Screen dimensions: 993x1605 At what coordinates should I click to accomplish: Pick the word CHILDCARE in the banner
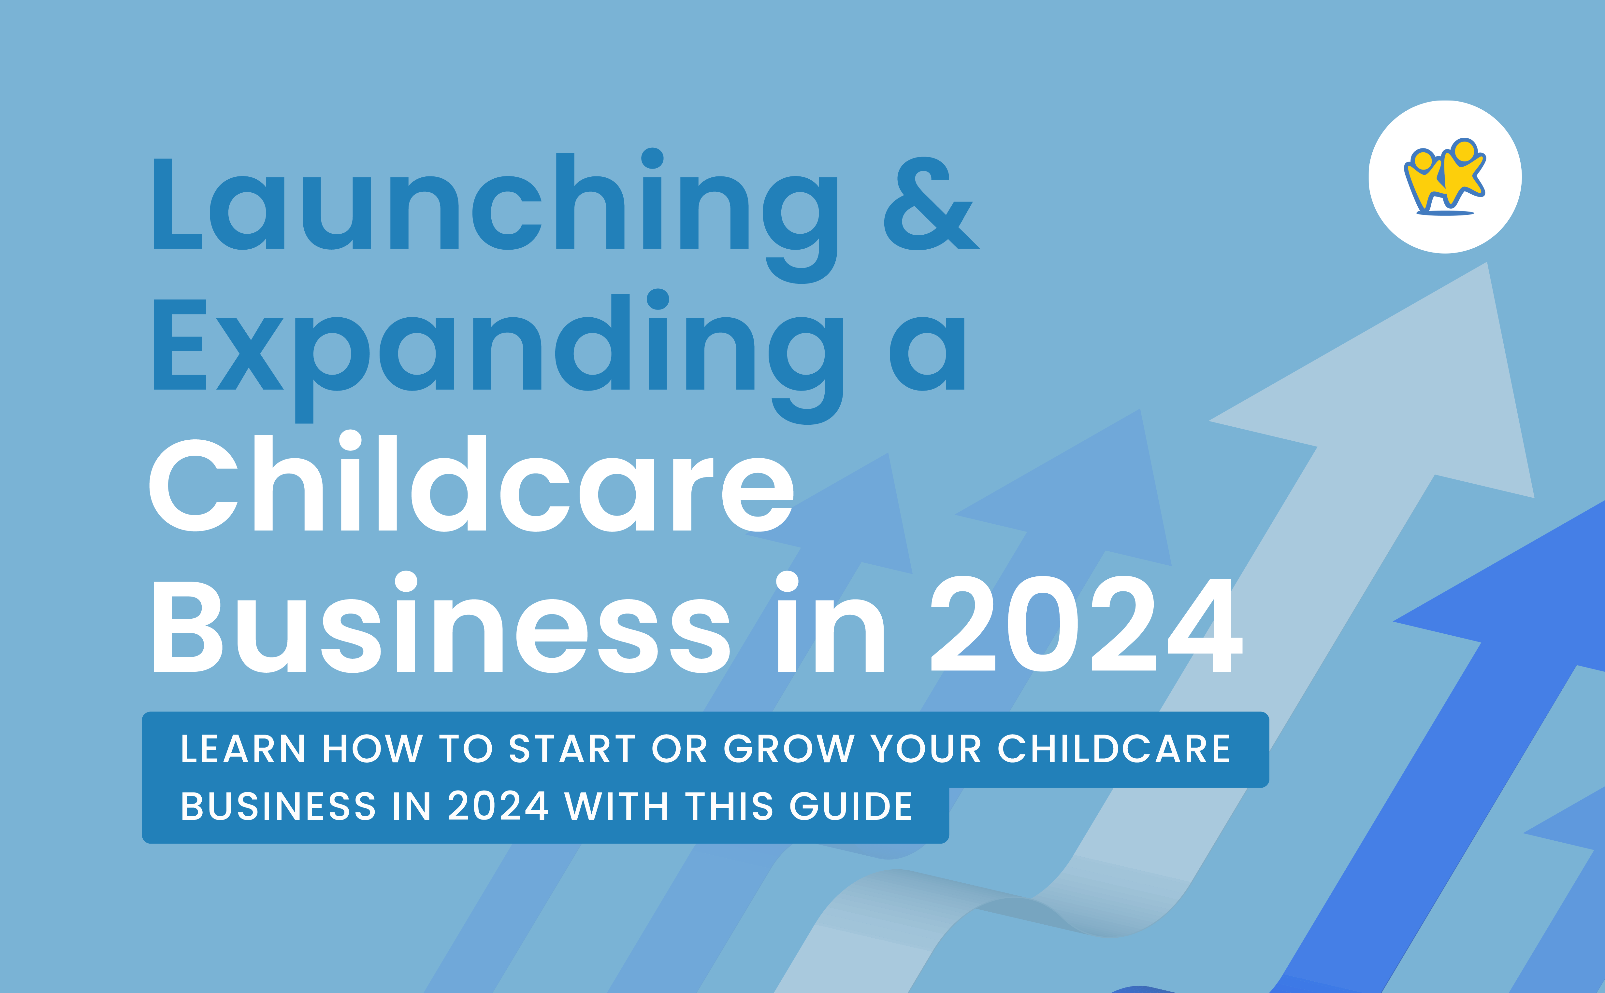point(1114,749)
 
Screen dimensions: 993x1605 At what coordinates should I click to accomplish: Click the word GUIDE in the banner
point(851,807)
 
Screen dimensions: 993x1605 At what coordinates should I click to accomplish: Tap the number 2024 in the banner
point(498,807)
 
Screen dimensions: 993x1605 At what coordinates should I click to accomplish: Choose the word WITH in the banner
point(616,807)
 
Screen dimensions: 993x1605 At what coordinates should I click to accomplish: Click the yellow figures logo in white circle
point(1445,177)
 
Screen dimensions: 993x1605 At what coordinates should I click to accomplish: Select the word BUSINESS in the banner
point(278,807)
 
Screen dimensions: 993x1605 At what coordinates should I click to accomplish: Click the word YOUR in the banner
point(925,749)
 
